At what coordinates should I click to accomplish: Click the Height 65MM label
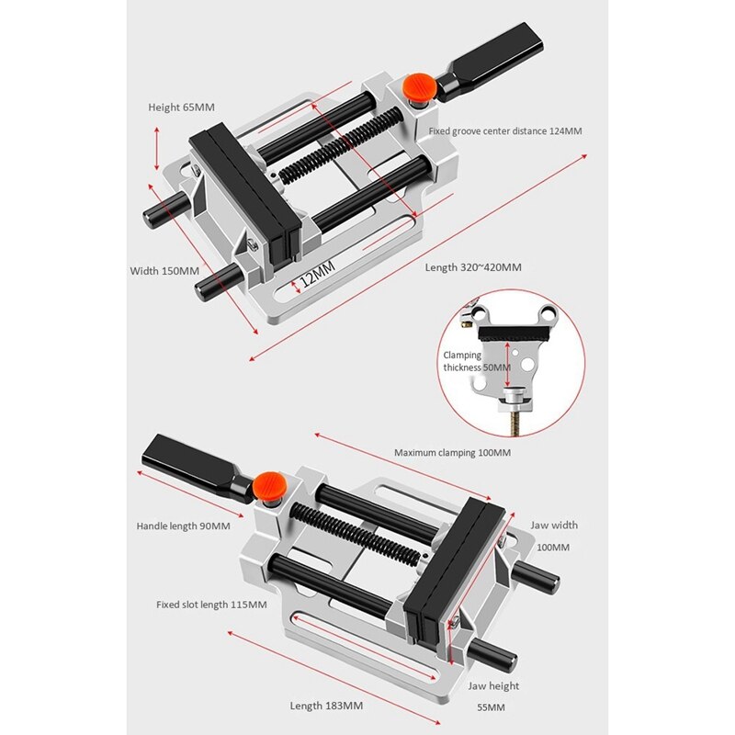(181, 107)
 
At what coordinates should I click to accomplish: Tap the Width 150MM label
(164, 271)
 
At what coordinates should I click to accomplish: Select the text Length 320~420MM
(473, 267)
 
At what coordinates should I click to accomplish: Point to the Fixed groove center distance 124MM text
(504, 131)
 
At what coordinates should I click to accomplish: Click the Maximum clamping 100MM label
(452, 453)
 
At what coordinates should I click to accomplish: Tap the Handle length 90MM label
(183, 526)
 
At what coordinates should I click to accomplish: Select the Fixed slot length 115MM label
(211, 605)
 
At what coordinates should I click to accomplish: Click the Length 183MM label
(326, 706)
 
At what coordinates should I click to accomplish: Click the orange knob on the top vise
(419, 88)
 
